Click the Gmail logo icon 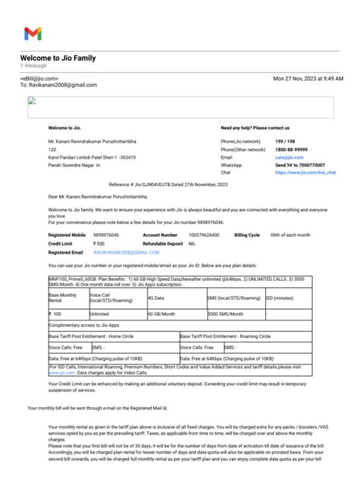click(33, 33)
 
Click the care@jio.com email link click(286, 156)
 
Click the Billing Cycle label click(247, 236)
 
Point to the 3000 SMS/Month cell click(225, 314)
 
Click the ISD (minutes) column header click(279, 298)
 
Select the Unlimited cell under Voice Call click(99, 314)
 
